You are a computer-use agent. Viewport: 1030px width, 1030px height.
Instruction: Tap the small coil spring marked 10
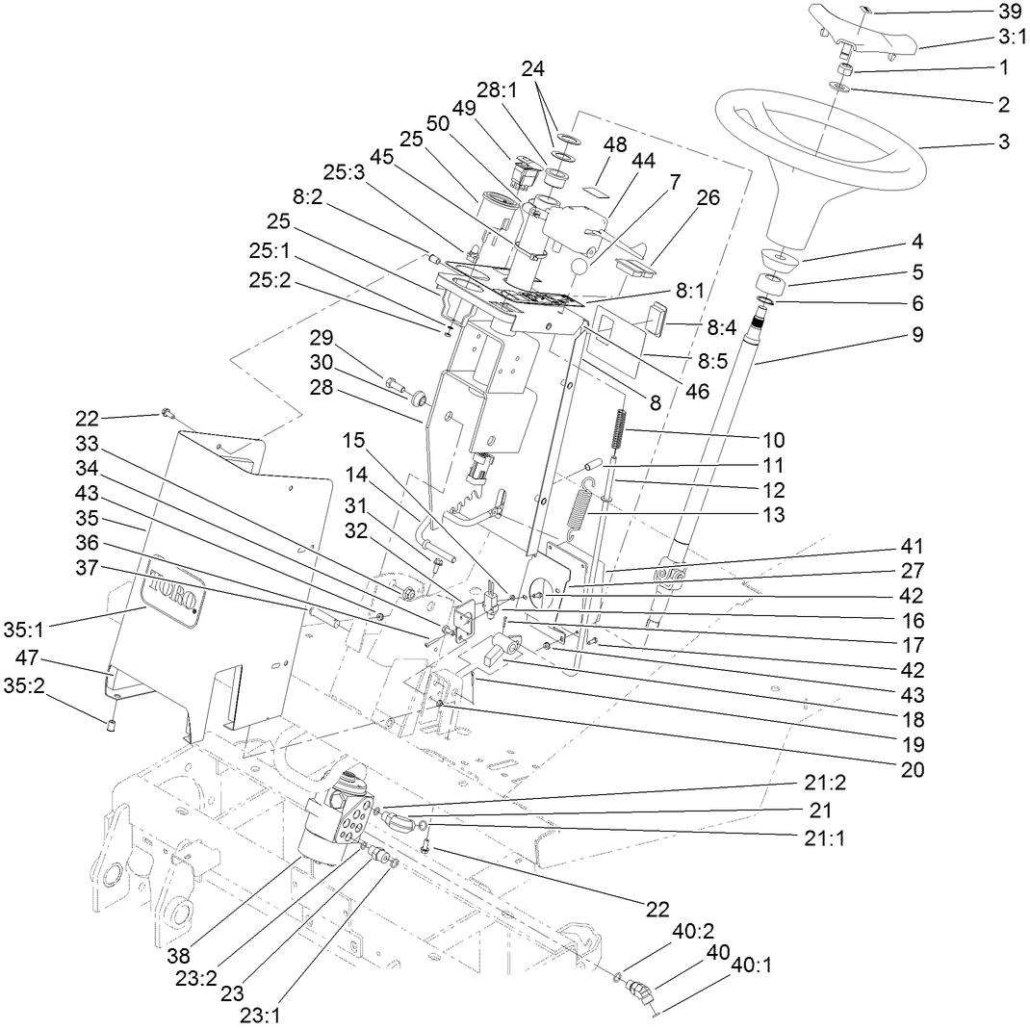[622, 426]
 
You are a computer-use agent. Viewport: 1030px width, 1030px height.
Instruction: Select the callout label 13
[772, 515]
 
